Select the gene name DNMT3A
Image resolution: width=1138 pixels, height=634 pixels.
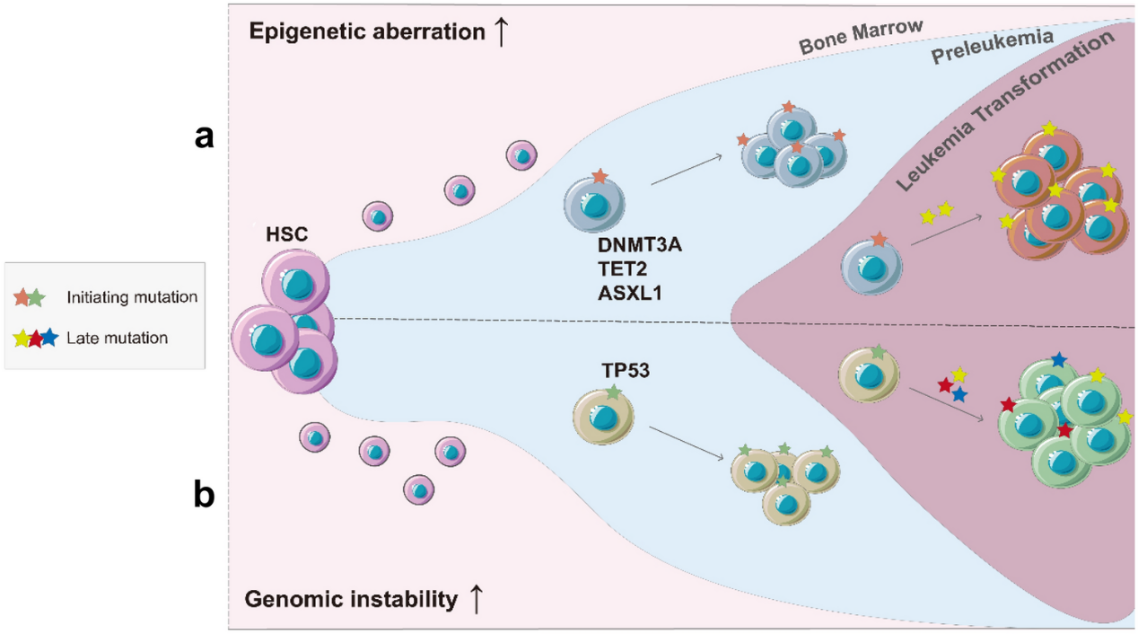pyautogui.click(x=639, y=245)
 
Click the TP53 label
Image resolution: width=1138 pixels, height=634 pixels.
pyautogui.click(x=624, y=368)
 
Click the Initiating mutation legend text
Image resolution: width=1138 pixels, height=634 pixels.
pyautogui.click(x=132, y=297)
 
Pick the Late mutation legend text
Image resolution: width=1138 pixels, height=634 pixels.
pyautogui.click(x=118, y=339)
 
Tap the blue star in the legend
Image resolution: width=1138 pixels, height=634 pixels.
pyautogui.click(x=50, y=339)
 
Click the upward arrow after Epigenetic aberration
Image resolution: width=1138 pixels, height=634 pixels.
pyautogui.click(x=503, y=31)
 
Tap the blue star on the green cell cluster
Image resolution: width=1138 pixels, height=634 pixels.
pyautogui.click(x=1059, y=360)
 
